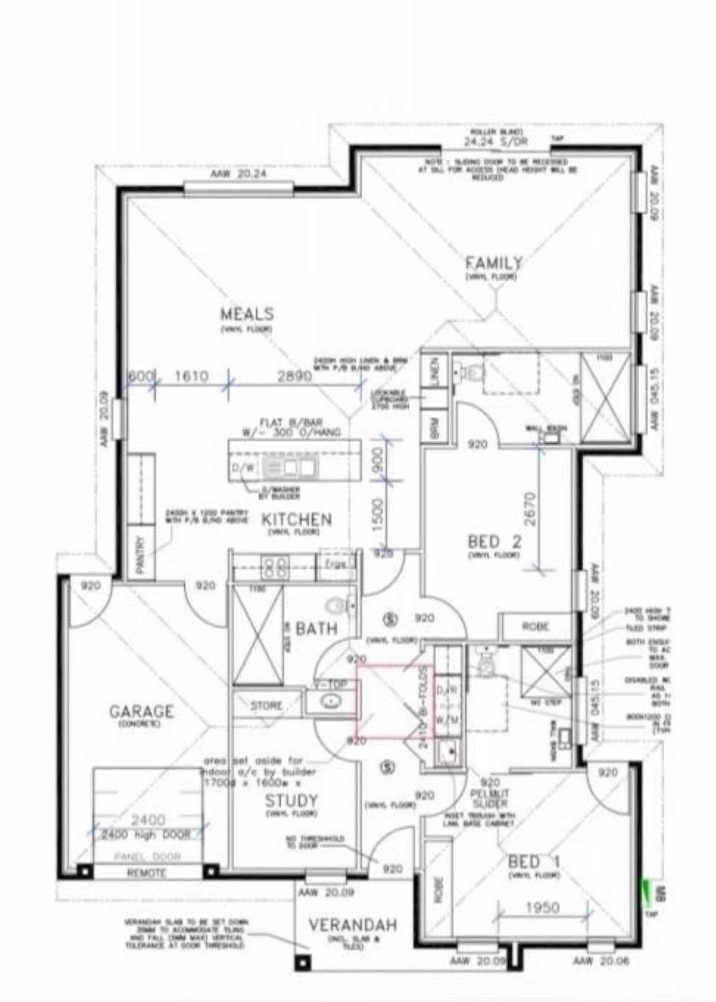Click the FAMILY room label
click(494, 262)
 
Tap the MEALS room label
click(247, 313)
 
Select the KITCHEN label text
click(297, 519)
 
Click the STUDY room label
click(291, 800)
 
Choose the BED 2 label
click(494, 541)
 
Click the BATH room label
click(317, 628)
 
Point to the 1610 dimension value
click(192, 376)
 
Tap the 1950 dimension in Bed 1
click(542, 907)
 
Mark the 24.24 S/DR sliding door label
click(496, 142)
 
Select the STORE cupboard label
click(267, 706)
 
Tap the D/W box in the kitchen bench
click(243, 467)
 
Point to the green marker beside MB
click(647, 889)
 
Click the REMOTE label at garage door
click(146, 873)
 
